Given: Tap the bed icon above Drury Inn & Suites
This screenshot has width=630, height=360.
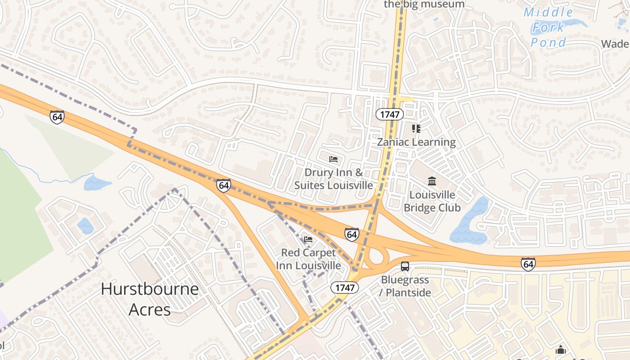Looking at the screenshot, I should (x=333, y=159).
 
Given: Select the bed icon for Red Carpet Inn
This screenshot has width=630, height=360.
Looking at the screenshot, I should (x=308, y=239).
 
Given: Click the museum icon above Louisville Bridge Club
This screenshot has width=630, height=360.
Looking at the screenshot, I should (x=432, y=181).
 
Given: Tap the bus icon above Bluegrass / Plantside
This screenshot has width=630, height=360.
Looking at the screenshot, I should (x=405, y=266).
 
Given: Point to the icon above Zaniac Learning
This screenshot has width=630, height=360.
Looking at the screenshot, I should (x=416, y=129).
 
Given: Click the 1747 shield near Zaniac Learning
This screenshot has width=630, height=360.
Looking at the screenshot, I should (x=390, y=114).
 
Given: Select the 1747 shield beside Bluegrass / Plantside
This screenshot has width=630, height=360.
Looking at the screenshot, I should (x=345, y=287).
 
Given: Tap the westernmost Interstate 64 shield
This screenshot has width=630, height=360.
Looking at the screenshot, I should (x=57, y=117).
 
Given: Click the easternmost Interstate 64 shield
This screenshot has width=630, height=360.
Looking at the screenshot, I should (x=528, y=264).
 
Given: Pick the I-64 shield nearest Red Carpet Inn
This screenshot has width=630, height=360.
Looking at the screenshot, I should (x=352, y=234).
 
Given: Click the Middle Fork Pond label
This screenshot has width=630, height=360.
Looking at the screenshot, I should (x=549, y=27).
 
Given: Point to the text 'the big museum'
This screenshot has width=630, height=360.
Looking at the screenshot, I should (x=424, y=4).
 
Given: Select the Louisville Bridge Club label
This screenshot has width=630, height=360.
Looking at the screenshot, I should (x=432, y=201).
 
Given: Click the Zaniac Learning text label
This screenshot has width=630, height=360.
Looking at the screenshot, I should (x=416, y=142).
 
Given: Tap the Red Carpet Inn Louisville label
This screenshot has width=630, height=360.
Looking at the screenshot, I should (x=308, y=259).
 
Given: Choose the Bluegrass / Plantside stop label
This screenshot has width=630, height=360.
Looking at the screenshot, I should (x=406, y=286).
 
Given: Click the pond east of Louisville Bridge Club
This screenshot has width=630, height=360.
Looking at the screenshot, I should (x=469, y=223).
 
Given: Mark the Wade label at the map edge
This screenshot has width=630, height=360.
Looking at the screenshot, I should (x=616, y=44).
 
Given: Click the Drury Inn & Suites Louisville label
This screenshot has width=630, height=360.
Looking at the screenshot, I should (x=333, y=179).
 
